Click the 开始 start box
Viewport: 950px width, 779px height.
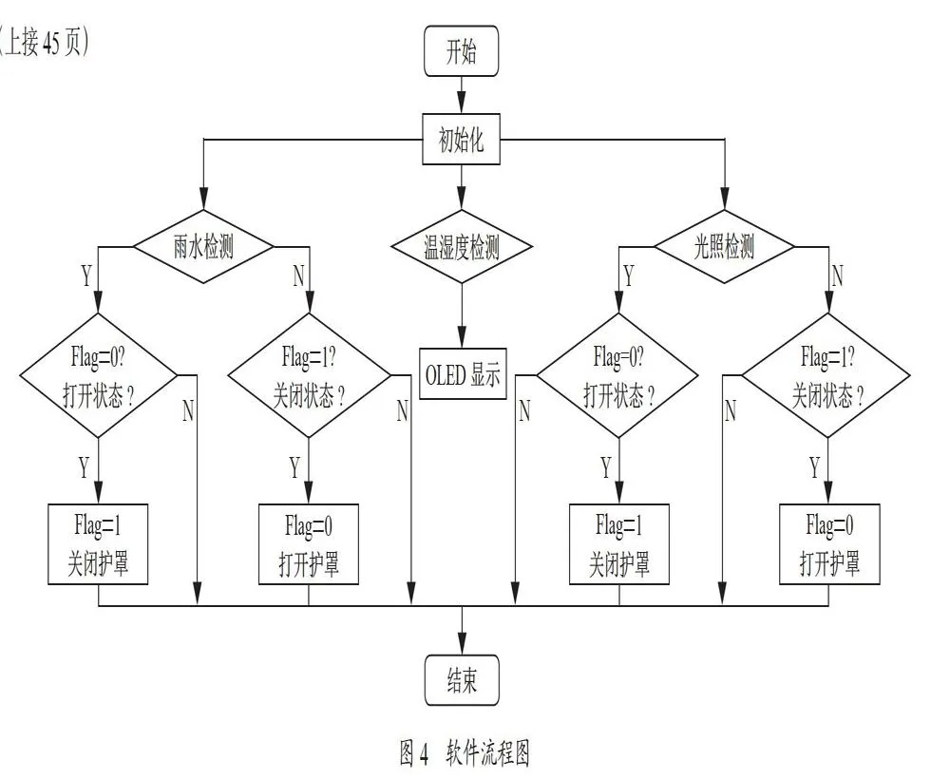[x=461, y=51]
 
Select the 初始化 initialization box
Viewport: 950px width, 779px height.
[x=461, y=140]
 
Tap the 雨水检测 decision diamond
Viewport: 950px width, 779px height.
[x=203, y=247]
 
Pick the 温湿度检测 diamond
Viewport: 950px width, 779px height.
[x=462, y=247]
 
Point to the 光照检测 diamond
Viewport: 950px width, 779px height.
[x=725, y=247]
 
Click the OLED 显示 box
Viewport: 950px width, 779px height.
[x=463, y=373]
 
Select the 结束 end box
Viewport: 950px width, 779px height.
[x=462, y=679]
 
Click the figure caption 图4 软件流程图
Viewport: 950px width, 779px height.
[x=465, y=753]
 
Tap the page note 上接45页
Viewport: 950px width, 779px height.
[x=44, y=43]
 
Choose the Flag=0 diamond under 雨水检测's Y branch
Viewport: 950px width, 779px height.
[x=98, y=375]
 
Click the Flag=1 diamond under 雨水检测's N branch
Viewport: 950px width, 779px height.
[x=309, y=375]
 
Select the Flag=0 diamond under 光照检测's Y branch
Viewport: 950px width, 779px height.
[x=618, y=375]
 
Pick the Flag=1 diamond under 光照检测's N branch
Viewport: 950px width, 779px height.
[x=827, y=375]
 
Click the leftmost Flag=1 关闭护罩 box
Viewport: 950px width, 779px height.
[x=98, y=544]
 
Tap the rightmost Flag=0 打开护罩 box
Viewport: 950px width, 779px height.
[x=829, y=544]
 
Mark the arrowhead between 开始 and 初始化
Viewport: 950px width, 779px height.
[x=462, y=103]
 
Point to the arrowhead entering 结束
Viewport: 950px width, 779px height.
[x=462, y=643]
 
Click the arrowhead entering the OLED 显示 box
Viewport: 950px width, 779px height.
[x=462, y=337]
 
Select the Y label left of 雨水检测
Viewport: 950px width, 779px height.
[x=86, y=275]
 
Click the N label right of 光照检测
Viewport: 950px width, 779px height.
[x=837, y=275]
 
